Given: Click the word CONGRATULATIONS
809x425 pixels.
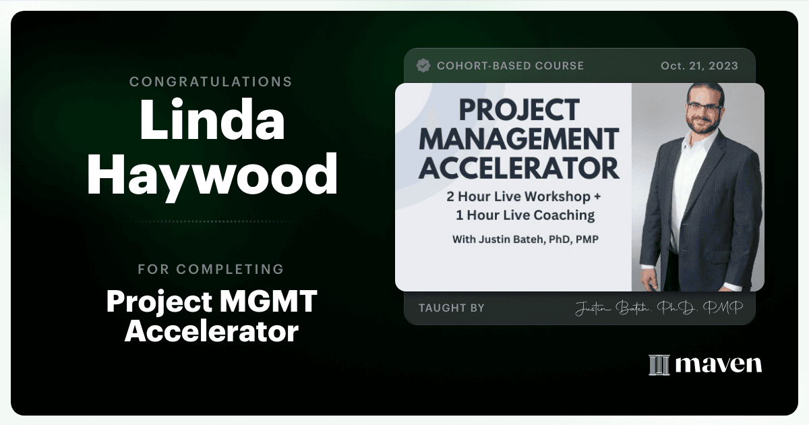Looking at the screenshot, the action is tap(210, 82).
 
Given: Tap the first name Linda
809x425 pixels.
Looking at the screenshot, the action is tap(212, 119).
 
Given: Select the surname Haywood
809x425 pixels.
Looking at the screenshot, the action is tap(212, 175).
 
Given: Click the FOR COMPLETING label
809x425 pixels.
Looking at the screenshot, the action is tap(211, 269).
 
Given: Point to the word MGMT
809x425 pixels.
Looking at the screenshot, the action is tap(268, 301).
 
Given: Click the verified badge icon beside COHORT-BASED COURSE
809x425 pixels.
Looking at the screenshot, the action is tap(423, 65).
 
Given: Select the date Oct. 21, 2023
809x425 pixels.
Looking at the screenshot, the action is tap(699, 66).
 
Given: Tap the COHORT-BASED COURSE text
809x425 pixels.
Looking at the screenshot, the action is tap(510, 66).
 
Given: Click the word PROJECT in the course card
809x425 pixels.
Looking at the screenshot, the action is tap(519, 110).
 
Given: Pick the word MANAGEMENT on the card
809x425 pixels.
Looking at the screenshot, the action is tap(519, 139).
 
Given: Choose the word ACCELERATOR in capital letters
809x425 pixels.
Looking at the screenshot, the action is tap(519, 169).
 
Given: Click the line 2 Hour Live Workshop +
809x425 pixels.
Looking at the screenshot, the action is tap(524, 196).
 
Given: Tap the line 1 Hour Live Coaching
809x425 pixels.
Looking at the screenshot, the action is tap(525, 215).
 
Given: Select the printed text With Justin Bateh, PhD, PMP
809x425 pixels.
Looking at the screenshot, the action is tap(525, 239).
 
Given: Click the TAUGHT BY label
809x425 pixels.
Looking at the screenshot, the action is tap(452, 308).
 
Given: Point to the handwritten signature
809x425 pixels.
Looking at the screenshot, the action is tap(659, 308).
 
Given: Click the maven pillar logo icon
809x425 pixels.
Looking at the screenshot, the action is tap(659, 365).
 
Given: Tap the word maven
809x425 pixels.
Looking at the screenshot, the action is tap(719, 365).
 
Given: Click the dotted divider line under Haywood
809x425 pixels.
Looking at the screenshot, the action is tap(212, 221).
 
